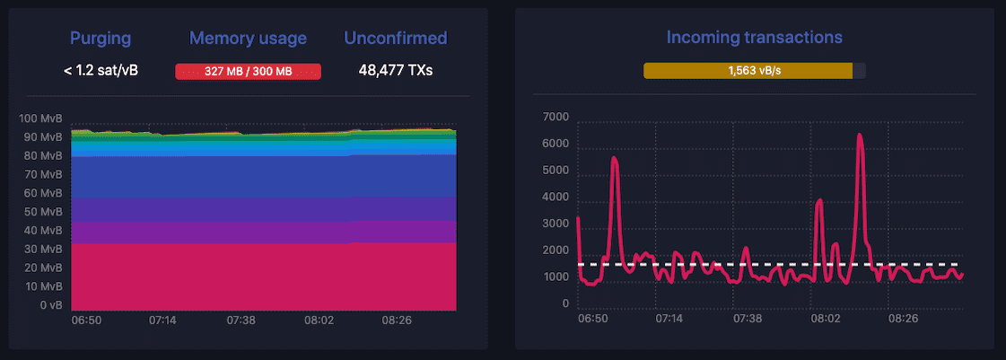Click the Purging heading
pos(101,38)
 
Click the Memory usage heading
pos(248,38)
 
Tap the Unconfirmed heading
pos(396,38)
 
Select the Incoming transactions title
pos(754,38)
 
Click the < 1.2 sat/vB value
pos(101,70)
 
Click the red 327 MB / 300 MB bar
pos(248,72)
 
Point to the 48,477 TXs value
pos(396,70)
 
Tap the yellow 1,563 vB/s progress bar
pos(748,71)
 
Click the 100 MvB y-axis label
pos(39,119)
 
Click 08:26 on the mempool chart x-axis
pos(398,320)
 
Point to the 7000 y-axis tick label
pos(555,118)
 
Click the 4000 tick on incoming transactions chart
pos(555,198)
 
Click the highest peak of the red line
pos(860,135)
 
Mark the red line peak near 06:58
pos(615,158)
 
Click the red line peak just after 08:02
pos(819,200)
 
